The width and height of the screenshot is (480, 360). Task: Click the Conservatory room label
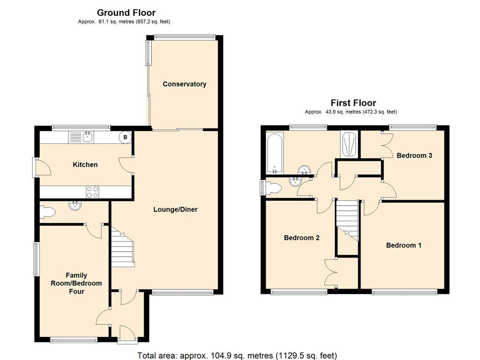[x=184, y=84]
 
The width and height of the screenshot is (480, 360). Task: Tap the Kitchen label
[x=85, y=165]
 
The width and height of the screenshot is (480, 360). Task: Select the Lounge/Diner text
[x=175, y=210]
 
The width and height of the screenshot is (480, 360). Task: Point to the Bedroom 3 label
[x=414, y=156]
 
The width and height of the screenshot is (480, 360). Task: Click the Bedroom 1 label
[x=404, y=245]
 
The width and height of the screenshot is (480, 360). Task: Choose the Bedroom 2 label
[x=301, y=238]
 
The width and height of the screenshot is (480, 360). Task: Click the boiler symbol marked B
[x=125, y=137]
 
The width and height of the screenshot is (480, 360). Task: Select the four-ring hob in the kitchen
[x=92, y=192]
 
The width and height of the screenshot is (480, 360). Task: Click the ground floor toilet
[x=47, y=212]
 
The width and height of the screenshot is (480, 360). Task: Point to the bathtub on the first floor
[x=275, y=152]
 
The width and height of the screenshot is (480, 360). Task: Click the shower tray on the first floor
[x=349, y=145]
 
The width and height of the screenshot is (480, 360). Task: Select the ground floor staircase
[x=122, y=247]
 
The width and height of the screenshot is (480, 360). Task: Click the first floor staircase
[x=347, y=220]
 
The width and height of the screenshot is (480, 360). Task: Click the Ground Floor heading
[x=126, y=13]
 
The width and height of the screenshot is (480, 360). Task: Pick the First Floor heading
[x=353, y=103]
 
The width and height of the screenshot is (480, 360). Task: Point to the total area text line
[x=237, y=355]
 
